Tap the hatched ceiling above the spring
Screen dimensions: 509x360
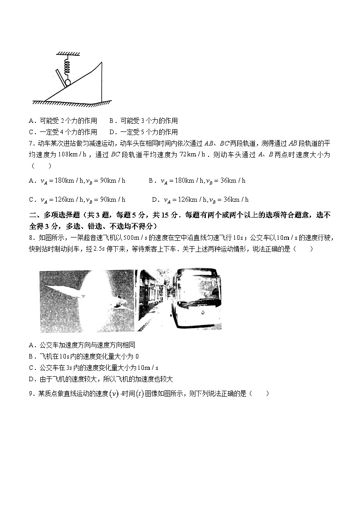68,53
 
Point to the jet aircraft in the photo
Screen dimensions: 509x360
91,295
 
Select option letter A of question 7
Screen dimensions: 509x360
31,181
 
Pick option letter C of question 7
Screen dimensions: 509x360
31,199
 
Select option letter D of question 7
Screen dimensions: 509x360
155,199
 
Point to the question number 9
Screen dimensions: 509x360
30,394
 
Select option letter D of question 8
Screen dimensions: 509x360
31,379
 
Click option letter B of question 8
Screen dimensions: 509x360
31,356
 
